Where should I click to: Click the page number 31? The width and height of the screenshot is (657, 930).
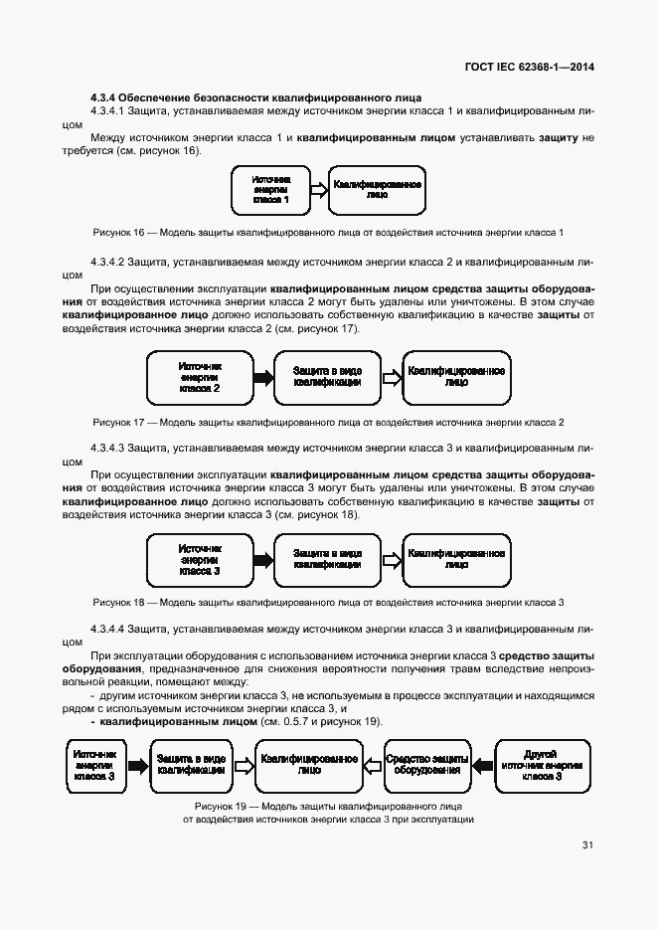587,845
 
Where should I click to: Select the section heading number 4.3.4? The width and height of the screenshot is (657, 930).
103,96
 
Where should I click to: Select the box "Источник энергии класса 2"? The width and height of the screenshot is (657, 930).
200,377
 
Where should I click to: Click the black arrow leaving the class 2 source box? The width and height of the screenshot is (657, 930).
262,378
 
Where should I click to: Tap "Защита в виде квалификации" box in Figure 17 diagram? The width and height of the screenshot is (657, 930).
326,378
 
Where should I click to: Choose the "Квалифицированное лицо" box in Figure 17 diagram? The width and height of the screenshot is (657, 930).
456,378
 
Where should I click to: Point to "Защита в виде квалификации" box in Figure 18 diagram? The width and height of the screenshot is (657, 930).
326,559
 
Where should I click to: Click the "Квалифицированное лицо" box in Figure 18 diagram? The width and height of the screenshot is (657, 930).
456,559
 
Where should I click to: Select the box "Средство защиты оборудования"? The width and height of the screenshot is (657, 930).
425,765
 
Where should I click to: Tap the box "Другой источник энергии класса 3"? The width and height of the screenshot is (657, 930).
541,765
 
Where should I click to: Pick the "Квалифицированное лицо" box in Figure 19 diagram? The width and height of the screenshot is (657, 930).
309,765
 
